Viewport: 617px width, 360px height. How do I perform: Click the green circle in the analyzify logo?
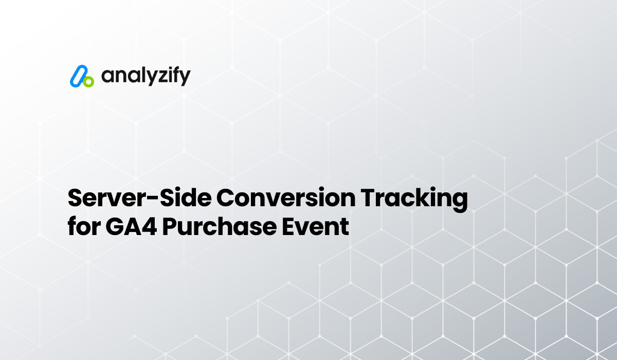click(89, 81)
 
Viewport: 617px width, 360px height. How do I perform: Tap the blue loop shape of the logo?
click(78, 75)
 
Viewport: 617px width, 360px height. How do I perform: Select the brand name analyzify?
click(146, 76)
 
